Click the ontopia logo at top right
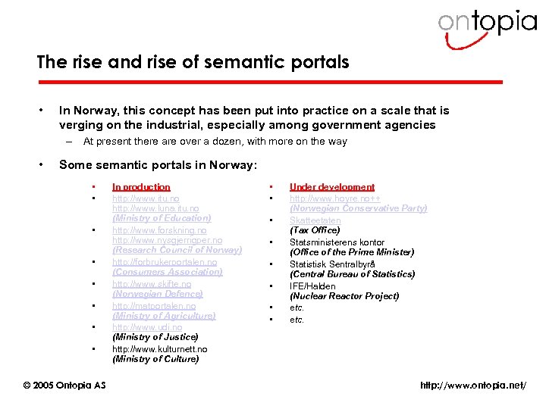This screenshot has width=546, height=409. (487, 23)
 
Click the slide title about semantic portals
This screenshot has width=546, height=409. (193, 62)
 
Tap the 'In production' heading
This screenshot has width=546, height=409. (141, 186)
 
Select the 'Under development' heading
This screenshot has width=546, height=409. (331, 186)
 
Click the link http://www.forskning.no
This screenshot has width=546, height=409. (159, 229)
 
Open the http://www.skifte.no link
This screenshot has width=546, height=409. (152, 284)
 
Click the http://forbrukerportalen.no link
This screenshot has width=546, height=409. (165, 262)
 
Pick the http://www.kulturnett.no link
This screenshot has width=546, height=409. (159, 349)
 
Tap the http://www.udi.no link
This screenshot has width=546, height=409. (147, 327)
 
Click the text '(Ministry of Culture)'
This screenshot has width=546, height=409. (155, 360)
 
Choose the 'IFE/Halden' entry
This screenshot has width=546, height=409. (312, 286)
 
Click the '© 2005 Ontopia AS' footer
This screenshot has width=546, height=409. (64, 386)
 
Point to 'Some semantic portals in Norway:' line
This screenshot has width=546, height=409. (158, 164)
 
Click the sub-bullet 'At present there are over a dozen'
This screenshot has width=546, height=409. (215, 141)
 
